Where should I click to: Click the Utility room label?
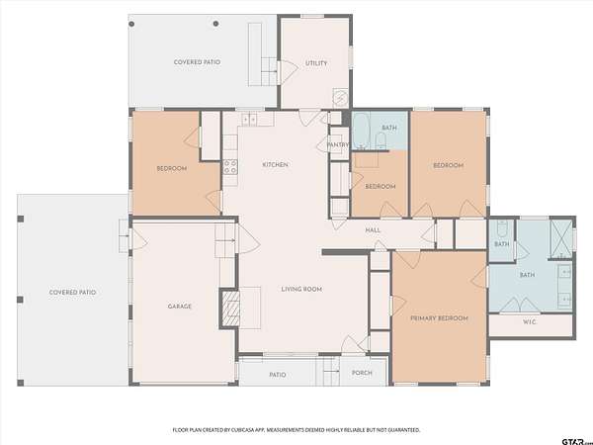tap(316, 63)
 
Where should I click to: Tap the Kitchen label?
tap(276, 164)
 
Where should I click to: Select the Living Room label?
tap(301, 289)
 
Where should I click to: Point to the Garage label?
tap(180, 307)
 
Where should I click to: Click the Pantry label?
tap(338, 144)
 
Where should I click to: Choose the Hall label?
tap(373, 230)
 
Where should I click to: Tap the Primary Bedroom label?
tap(440, 318)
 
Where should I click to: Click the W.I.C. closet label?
tap(530, 322)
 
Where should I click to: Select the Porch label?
tap(362, 373)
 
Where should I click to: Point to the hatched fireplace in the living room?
tap(230, 309)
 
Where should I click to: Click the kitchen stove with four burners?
tap(230, 167)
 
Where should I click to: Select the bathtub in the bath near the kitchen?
tap(361, 131)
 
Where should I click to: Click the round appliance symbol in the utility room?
tap(340, 98)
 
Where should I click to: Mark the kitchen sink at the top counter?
tap(249, 120)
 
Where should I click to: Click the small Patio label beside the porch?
tap(278, 375)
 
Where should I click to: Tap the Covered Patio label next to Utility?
tap(197, 62)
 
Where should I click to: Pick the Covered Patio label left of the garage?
tap(72, 293)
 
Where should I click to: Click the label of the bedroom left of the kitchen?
tap(172, 168)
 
